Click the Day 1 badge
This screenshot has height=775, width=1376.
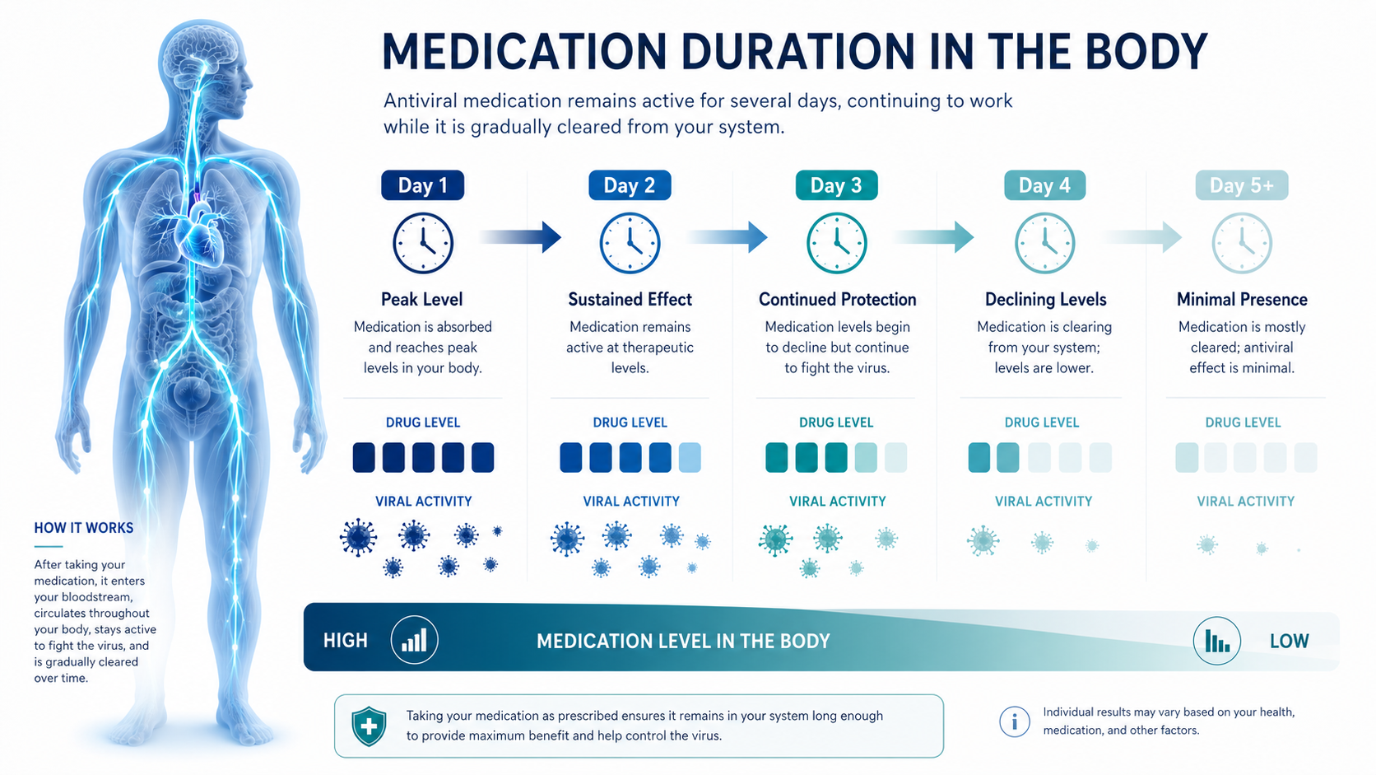[x=423, y=185]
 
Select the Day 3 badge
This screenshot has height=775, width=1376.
[x=836, y=185]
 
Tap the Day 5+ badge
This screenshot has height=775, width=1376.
[x=1242, y=185]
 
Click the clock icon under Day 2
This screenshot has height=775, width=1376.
[x=630, y=243]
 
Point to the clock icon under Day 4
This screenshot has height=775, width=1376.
[x=1044, y=243]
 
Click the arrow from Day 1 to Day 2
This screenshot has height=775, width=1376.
[x=519, y=237]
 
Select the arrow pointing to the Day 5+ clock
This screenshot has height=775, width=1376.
[x=1141, y=237]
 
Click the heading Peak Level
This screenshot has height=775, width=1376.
[x=422, y=299]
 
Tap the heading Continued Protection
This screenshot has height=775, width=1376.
[x=837, y=299]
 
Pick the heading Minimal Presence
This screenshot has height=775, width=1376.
[x=1242, y=299]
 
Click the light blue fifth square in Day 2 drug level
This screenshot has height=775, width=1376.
[x=690, y=457]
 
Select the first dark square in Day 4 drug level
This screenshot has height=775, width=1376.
[x=979, y=457]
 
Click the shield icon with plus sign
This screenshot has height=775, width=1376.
[x=369, y=726]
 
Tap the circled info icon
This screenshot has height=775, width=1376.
[x=1014, y=721]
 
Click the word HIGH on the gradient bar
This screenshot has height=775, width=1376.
[x=345, y=641]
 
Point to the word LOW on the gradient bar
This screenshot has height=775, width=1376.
[x=1289, y=641]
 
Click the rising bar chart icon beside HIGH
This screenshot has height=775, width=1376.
[x=414, y=640]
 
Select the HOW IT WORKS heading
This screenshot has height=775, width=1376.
[x=84, y=528]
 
